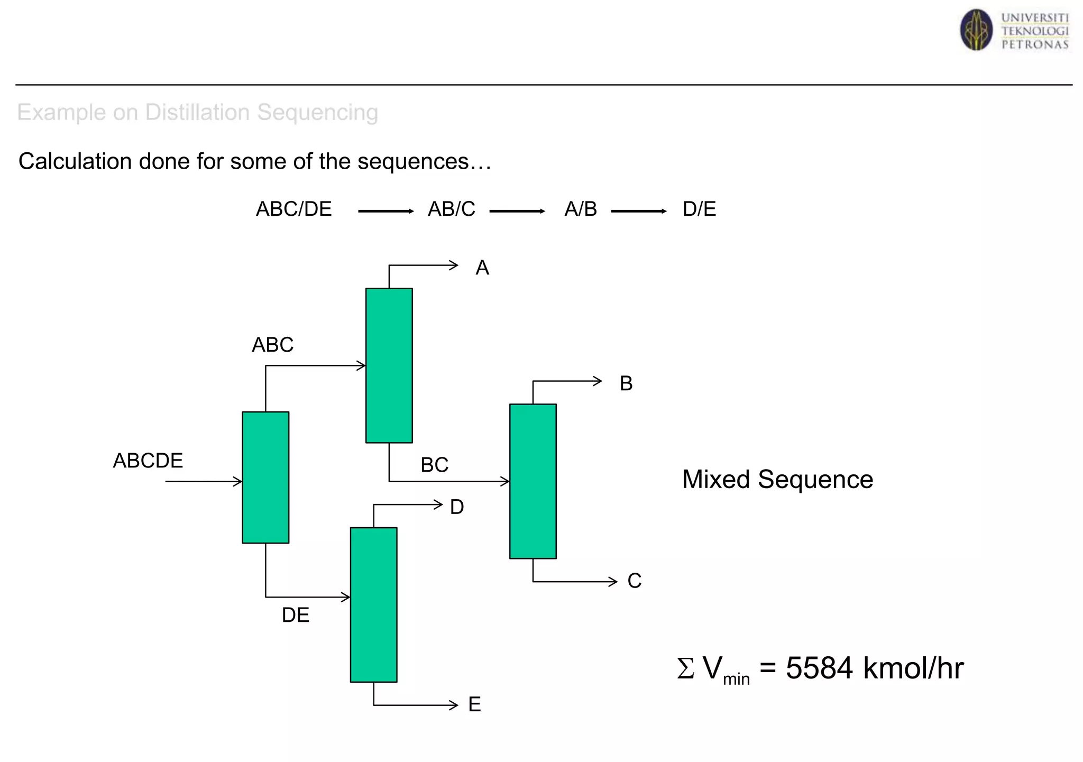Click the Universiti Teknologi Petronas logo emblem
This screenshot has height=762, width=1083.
pyautogui.click(x=976, y=30)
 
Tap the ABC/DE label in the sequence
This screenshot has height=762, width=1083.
pyautogui.click(x=293, y=209)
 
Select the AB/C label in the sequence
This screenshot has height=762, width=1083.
pyautogui.click(x=451, y=209)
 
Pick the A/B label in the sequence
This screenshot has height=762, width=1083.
pyautogui.click(x=580, y=209)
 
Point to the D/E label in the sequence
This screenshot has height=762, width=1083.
pyautogui.click(x=699, y=209)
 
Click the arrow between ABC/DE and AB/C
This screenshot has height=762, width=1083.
pyautogui.click(x=386, y=212)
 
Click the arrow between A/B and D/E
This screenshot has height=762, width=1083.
pyautogui.click(x=638, y=212)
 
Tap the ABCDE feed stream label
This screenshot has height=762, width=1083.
pyautogui.click(x=148, y=461)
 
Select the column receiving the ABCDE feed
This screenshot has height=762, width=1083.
pyautogui.click(x=265, y=477)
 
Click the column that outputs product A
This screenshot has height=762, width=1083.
pyautogui.click(x=389, y=365)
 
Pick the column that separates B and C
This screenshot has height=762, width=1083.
pyautogui.click(x=533, y=481)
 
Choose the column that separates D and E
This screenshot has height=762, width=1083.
pyautogui.click(x=373, y=604)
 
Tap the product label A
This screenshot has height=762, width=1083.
pyautogui.click(x=482, y=268)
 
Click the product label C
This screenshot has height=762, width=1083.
pyautogui.click(x=634, y=581)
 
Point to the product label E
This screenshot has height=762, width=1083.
pyautogui.click(x=474, y=704)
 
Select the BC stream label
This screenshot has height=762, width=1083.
pyautogui.click(x=434, y=465)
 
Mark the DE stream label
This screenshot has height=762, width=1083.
pyautogui.click(x=295, y=615)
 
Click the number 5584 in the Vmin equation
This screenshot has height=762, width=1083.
pyautogui.click(x=819, y=668)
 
